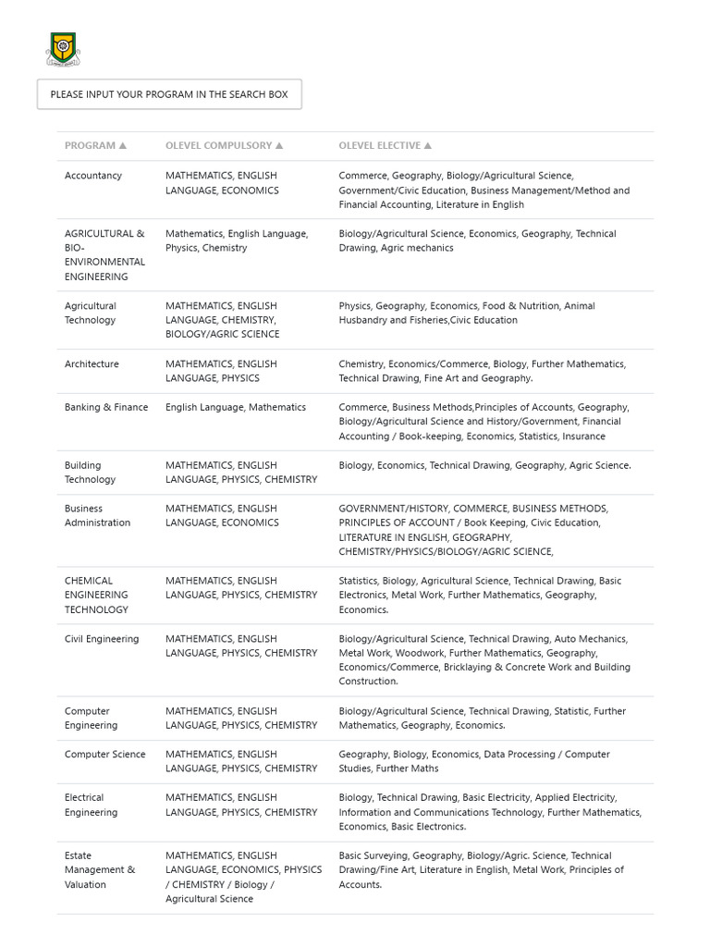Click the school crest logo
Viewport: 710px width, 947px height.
coord(62,49)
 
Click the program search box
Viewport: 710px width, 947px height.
coord(169,94)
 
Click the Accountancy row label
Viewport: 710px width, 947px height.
coord(93,176)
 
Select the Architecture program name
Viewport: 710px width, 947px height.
coord(92,364)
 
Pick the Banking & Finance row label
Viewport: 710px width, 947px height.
coord(106,407)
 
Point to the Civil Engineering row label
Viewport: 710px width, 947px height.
coord(102,639)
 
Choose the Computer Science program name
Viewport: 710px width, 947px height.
coord(104,755)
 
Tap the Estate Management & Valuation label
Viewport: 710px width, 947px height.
coord(99,870)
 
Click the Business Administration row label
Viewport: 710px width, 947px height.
coord(97,515)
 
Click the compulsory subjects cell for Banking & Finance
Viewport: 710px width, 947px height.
coord(236,407)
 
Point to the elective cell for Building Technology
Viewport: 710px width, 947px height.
coord(484,466)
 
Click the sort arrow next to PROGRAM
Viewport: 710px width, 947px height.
coord(123,146)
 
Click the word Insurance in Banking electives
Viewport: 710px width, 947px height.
coord(584,437)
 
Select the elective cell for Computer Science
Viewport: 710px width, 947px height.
coord(473,761)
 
